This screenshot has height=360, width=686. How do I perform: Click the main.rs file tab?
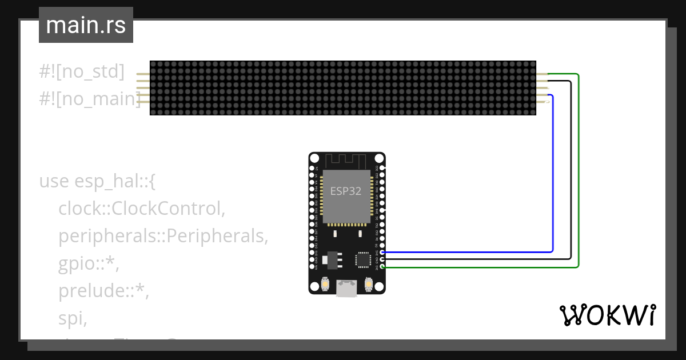pyautogui.click(x=86, y=25)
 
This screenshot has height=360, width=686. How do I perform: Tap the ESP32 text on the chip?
pyautogui.click(x=346, y=191)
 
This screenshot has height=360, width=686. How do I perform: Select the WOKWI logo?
pyautogui.click(x=607, y=315)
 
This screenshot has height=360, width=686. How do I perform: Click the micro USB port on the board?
pyautogui.click(x=346, y=289)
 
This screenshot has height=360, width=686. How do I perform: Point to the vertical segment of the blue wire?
pyautogui.click(x=553, y=171)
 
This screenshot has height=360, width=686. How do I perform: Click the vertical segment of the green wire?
pyautogui.click(x=579, y=171)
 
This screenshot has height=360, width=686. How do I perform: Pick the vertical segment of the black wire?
pyautogui.click(x=571, y=171)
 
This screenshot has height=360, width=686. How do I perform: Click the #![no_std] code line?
pyautogui.click(x=82, y=71)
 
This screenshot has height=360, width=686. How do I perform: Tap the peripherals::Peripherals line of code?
pyautogui.click(x=163, y=236)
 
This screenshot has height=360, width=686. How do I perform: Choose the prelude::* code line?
pyautogui.click(x=103, y=291)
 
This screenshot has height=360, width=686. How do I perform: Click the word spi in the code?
pyautogui.click(x=72, y=318)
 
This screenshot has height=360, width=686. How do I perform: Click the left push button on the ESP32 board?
pyautogui.click(x=324, y=284)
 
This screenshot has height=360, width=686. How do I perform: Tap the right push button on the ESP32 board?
pyautogui.click(x=369, y=284)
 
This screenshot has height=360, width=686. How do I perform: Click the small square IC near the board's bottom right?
pyautogui.click(x=363, y=260)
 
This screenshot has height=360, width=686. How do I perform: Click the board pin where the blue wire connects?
pyautogui.click(x=382, y=252)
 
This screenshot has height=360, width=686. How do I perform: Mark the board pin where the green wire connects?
pyautogui.click(x=382, y=266)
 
